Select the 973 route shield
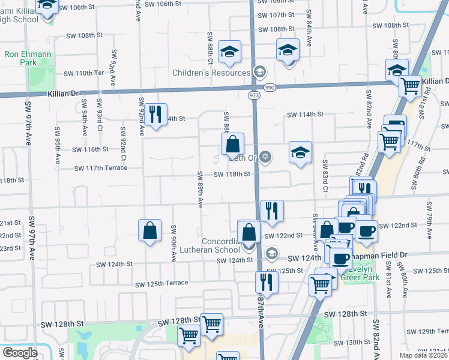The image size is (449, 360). click(253, 95)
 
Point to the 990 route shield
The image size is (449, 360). click(270, 88)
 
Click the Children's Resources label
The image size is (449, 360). click(202, 73)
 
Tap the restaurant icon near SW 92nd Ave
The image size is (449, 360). click(156, 114)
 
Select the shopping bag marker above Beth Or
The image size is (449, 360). click(232, 145)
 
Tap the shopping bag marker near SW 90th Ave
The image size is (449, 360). click(149, 230)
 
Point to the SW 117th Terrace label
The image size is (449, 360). click(101, 168)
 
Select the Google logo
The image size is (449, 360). click(20, 353)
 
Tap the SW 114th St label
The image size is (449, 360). click(305, 114)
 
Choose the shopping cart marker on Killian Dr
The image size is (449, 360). click(411, 86)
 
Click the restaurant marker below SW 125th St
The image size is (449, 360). click(266, 283)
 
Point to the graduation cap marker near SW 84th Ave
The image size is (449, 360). click(288, 50)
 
